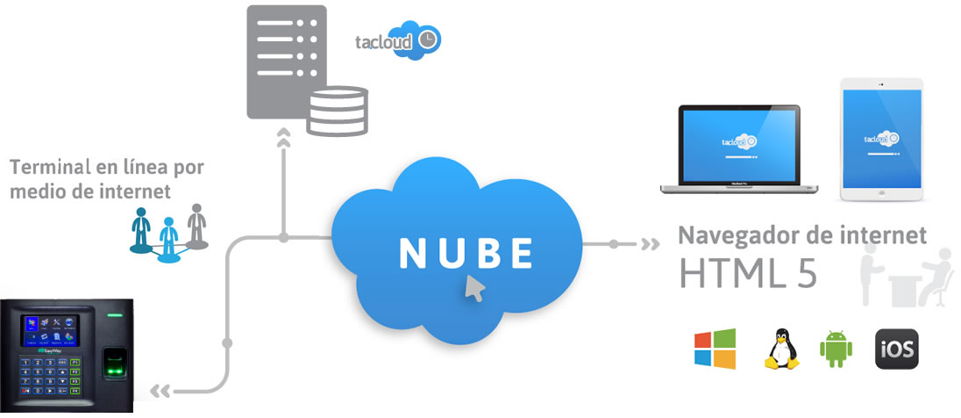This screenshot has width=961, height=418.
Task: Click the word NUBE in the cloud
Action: (466, 253)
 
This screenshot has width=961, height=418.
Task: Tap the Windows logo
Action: (715, 350)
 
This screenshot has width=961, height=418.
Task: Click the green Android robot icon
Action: (835, 350)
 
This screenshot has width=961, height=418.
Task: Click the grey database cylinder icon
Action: (337, 110)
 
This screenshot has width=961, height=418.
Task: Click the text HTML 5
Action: (748, 273)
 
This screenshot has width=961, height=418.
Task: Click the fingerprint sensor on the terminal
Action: (111, 361)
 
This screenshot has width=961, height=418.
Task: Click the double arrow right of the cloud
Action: (650, 243)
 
